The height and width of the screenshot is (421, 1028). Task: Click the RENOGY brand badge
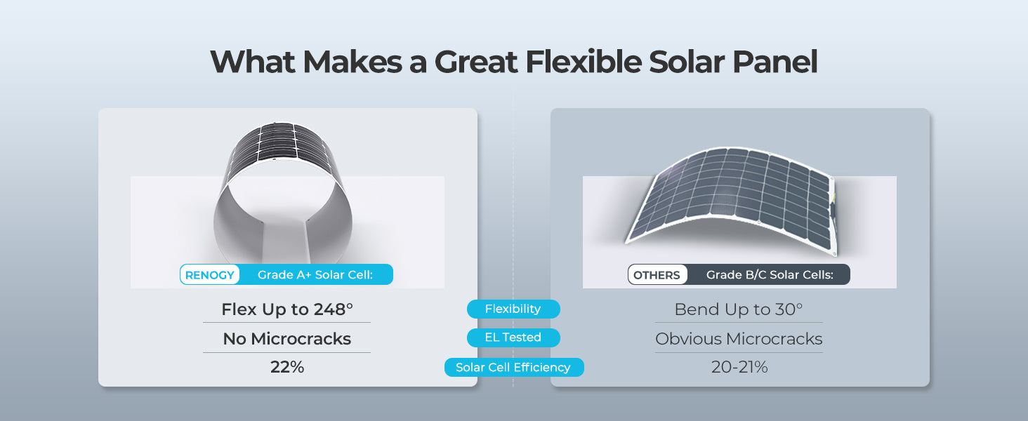pyautogui.click(x=210, y=275)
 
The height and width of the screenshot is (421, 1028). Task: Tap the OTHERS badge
pyautogui.click(x=657, y=275)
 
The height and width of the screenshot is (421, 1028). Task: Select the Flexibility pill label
pyautogui.click(x=513, y=309)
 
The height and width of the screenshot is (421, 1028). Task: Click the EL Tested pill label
pyautogui.click(x=513, y=338)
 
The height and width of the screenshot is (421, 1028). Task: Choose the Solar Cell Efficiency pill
pyautogui.click(x=513, y=367)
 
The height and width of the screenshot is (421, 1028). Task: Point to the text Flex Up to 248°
pyautogui.click(x=286, y=309)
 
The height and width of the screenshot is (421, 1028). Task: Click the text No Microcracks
pyautogui.click(x=286, y=339)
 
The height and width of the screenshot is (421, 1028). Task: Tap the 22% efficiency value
pyautogui.click(x=286, y=367)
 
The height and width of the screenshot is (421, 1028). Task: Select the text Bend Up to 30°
pyautogui.click(x=738, y=309)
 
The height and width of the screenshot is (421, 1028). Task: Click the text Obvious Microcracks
pyautogui.click(x=738, y=339)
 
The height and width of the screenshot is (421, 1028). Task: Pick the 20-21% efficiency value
pyautogui.click(x=739, y=367)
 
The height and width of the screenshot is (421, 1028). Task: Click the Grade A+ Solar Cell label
pyautogui.click(x=315, y=275)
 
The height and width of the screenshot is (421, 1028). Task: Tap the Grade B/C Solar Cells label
pyautogui.click(x=769, y=275)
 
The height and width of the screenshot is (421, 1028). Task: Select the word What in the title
pyautogui.click(x=253, y=62)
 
